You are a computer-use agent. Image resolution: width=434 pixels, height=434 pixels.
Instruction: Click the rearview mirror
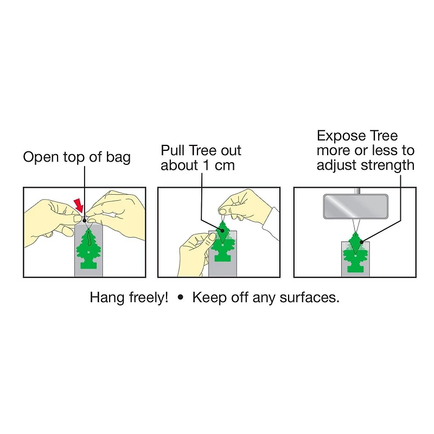click(x=355, y=207)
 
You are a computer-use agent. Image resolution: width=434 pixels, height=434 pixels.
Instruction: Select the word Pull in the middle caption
click(x=173, y=150)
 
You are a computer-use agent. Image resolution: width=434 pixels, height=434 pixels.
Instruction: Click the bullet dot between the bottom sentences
click(x=181, y=298)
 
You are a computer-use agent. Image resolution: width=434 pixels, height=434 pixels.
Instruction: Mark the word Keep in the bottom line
click(x=208, y=297)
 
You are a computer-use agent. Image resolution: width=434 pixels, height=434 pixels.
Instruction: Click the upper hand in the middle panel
click(x=247, y=209)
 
